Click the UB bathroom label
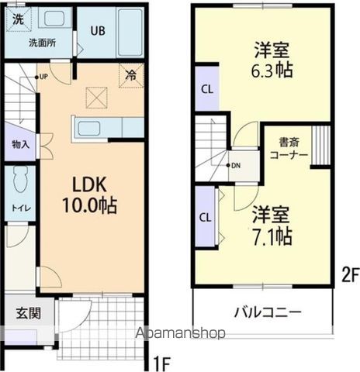(x=98, y=31)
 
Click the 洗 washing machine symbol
(x=17, y=20)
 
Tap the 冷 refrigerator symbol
(x=131, y=76)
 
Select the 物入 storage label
(x=21, y=144)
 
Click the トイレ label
(x=19, y=207)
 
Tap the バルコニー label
(x=268, y=314)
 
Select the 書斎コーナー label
(x=289, y=149)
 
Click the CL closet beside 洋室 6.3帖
(x=206, y=89)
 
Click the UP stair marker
(x=41, y=76)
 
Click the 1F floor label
(x=161, y=361)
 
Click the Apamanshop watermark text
(x=180, y=333)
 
